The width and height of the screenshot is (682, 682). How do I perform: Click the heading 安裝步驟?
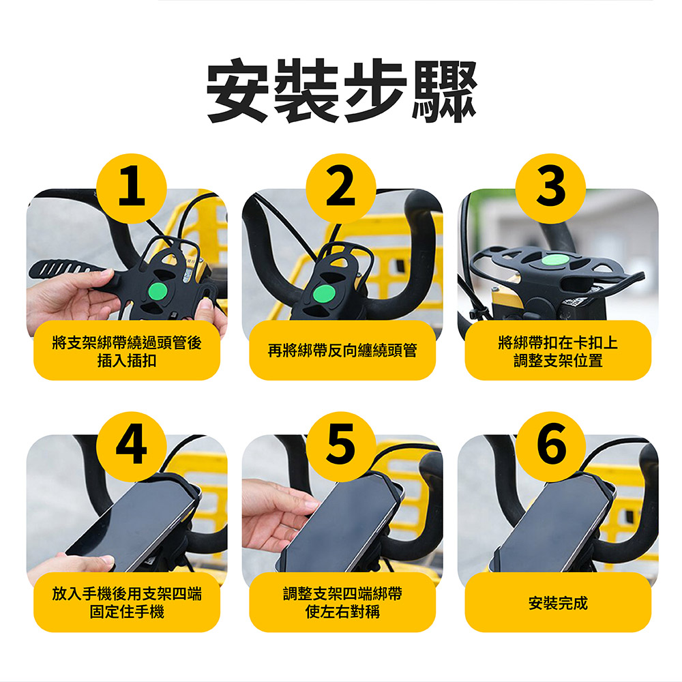342,91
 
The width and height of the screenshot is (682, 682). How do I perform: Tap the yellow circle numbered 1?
132,188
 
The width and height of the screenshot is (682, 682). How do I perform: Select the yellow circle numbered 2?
341,188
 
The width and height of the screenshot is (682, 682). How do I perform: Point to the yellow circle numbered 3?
550,188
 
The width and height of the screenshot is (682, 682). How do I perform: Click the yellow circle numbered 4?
132,447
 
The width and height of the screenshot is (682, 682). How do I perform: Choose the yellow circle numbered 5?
341,447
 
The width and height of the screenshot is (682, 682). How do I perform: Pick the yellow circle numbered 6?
550,447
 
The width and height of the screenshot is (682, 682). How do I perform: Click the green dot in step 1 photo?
158,291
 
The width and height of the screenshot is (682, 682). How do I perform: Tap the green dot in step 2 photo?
323,293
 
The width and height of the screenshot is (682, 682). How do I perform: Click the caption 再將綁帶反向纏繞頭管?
342,351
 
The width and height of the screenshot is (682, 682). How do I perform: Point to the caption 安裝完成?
558,604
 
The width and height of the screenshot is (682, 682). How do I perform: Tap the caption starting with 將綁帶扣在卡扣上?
558,351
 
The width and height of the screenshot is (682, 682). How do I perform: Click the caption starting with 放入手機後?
127,603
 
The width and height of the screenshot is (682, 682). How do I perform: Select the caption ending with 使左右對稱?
342,603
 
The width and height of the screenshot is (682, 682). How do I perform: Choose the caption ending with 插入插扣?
127,351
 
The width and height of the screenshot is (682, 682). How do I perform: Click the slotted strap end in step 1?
65,269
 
